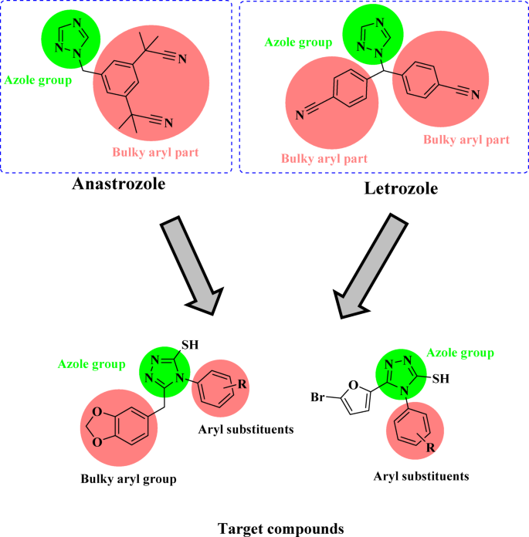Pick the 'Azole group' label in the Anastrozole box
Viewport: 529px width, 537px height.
point(38,79)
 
